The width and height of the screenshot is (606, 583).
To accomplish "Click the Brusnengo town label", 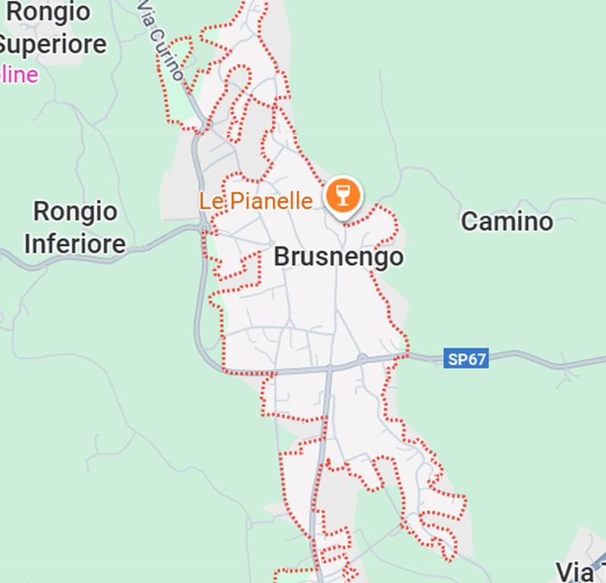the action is point(338,257).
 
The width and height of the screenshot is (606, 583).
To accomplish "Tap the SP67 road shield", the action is point(466,358).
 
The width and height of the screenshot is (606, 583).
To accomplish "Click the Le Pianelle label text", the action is point(256,201).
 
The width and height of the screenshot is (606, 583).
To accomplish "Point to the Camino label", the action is point(507,222).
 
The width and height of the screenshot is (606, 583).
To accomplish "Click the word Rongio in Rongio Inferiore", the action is point(75,212).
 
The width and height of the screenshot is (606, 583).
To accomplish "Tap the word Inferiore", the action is point(74,244).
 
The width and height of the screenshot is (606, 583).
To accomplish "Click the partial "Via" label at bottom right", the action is point(578,572).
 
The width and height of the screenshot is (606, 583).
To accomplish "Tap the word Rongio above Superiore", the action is point(49,12).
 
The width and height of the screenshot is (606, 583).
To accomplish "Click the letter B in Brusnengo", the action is point(281,257).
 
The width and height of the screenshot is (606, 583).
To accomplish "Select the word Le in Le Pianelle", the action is point(209,201).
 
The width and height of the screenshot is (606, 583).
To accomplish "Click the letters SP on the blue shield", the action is point(457,358).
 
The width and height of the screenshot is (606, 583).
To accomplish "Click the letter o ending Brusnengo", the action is point(396,257).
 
